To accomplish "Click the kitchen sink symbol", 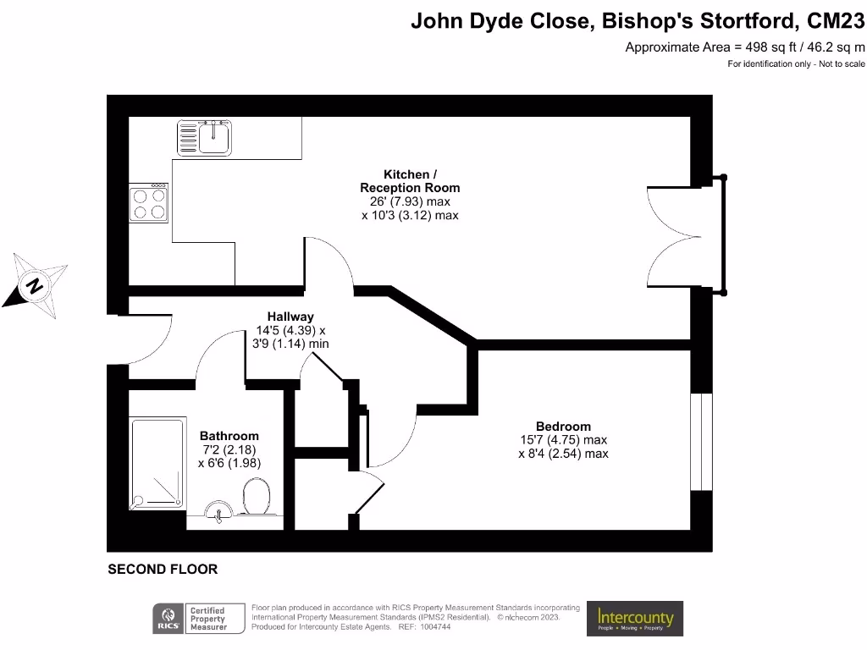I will (x=204, y=137).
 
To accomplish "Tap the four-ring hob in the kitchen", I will (x=148, y=203).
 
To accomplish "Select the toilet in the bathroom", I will (x=255, y=497).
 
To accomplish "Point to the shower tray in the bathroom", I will (x=157, y=465).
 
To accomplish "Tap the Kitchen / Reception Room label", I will (x=410, y=181).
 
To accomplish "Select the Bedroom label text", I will (x=563, y=426).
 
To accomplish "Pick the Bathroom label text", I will (x=229, y=436).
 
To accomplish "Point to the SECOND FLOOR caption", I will (x=163, y=570).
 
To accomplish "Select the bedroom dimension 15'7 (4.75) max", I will (x=563, y=440).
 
